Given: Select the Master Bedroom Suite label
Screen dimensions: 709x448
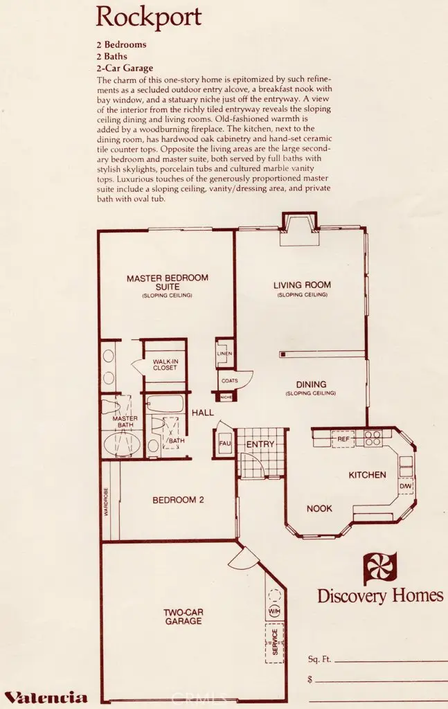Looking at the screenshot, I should click(x=167, y=282).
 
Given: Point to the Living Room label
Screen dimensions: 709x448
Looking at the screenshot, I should click(x=302, y=285).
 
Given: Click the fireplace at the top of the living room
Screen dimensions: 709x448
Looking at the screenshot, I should click(x=298, y=230).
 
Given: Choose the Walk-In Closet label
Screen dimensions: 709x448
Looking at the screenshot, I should click(x=165, y=364).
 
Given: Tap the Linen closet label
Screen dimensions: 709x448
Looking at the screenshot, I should click(x=224, y=354).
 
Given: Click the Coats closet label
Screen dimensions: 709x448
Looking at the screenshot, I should click(x=229, y=380).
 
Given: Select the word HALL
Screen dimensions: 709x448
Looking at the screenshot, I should click(x=203, y=412).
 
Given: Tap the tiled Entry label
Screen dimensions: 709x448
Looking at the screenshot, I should click(x=260, y=444).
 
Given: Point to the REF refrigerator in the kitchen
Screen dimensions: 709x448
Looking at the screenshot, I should click(x=343, y=440).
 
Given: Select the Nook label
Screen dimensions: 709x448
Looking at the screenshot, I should click(x=319, y=508).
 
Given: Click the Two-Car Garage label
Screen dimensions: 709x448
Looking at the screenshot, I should click(x=183, y=616).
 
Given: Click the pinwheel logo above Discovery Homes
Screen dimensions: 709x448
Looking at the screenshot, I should click(x=380, y=568).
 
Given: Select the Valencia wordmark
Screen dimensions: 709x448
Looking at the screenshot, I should click(x=46, y=697).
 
